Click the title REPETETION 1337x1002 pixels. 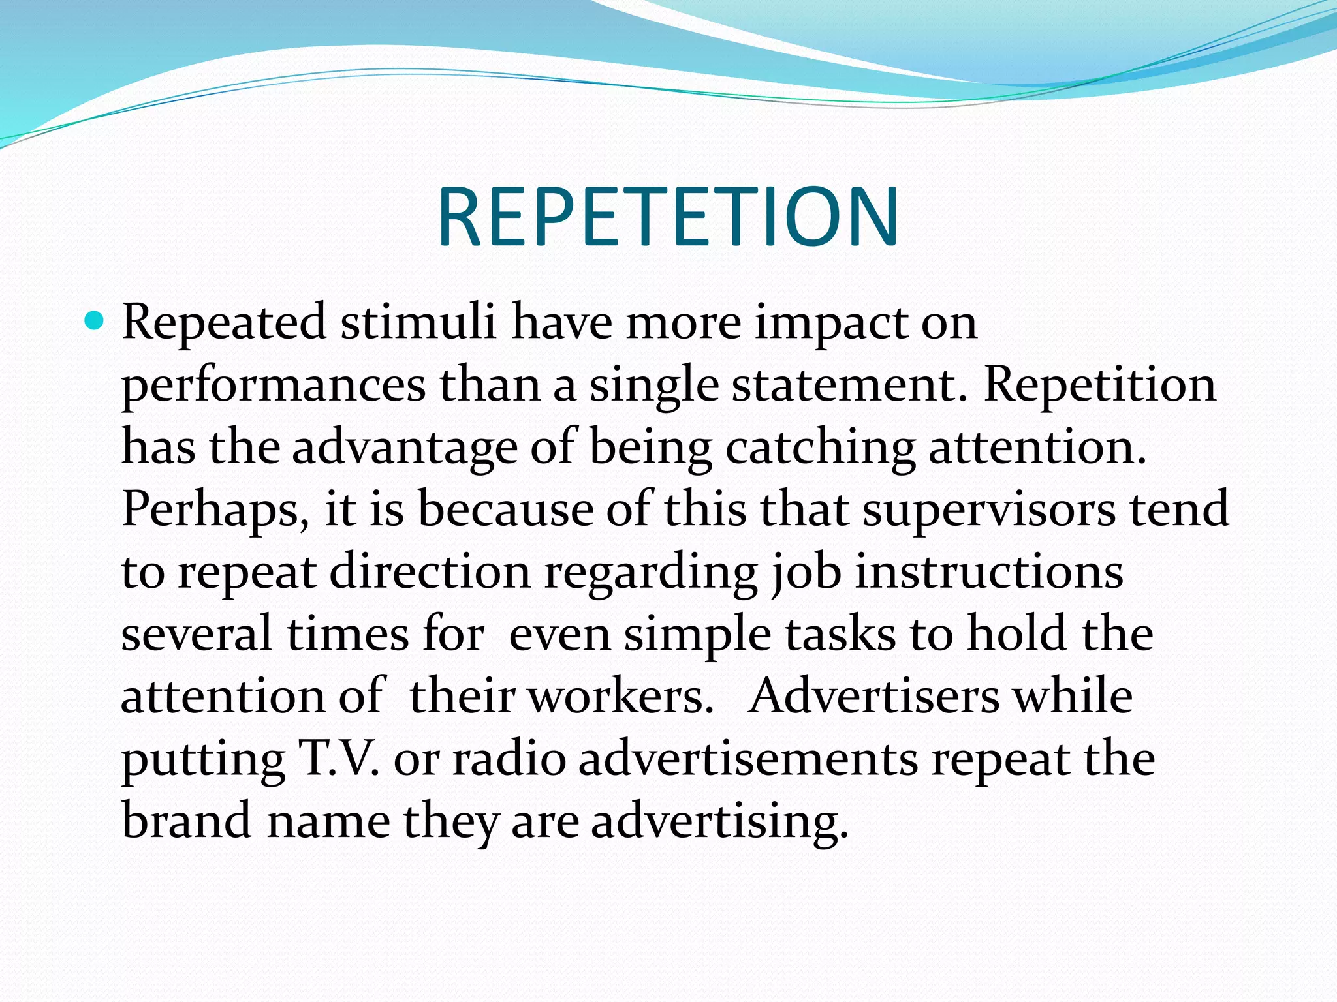pyautogui.click(x=668, y=217)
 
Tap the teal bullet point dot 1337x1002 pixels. pyautogui.click(x=94, y=321)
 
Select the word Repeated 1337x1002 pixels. pyautogui.click(x=224, y=322)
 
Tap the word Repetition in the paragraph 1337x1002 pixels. pyautogui.click(x=1100, y=385)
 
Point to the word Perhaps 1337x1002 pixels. pyautogui.click(x=215, y=511)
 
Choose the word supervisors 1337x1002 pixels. pyautogui.click(x=989, y=511)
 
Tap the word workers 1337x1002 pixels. pyautogui.click(x=620, y=697)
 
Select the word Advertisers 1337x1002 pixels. pyautogui.click(x=873, y=697)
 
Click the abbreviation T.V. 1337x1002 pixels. pyautogui.click(x=338, y=759)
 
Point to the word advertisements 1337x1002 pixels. pyautogui.click(x=748, y=759)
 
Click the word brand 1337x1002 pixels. pyautogui.click(x=187, y=820)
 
